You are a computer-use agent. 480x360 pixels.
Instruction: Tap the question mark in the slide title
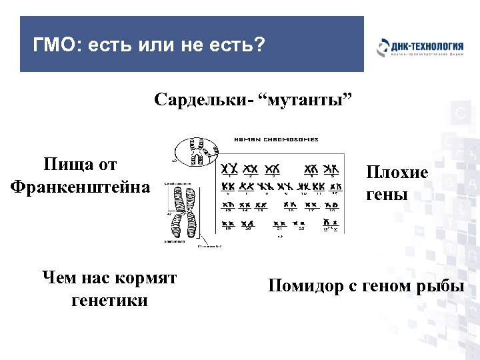pos(259,46)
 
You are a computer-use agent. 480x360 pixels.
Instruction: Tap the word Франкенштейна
pos(81,186)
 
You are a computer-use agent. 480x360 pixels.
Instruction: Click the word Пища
pos(63,164)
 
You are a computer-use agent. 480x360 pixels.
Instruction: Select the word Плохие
pos(397,173)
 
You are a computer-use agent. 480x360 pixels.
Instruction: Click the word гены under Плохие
pos(385,195)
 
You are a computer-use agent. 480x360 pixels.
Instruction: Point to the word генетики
pos(109,301)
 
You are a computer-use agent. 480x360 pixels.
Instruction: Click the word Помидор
pos(301,287)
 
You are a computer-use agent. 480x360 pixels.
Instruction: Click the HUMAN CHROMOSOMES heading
pos(275,140)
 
